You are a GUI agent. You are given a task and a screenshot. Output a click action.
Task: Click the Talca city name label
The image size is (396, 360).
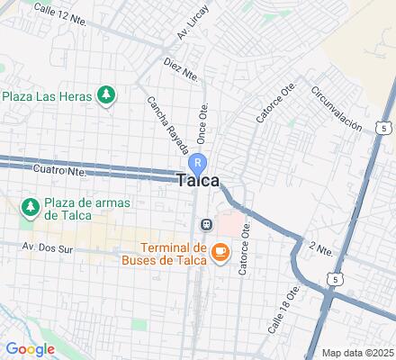pyautogui.click(x=199, y=180)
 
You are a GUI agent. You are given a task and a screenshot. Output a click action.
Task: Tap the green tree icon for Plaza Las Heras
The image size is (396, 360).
pyautogui.click(x=106, y=94)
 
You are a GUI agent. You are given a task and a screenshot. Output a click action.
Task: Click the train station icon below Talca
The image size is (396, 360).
pyautogui.click(x=206, y=223)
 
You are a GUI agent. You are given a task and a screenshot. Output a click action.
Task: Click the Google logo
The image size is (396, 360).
pyautogui.click(x=30, y=348)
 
